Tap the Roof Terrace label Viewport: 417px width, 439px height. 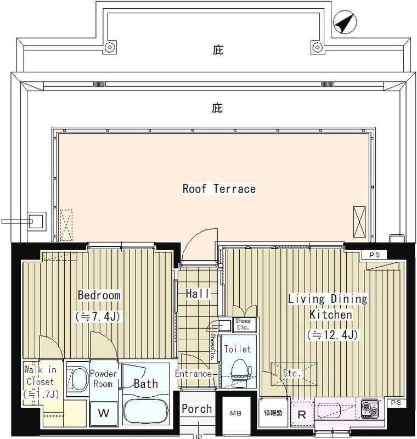click(219, 189)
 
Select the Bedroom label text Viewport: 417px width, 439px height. click(99, 296)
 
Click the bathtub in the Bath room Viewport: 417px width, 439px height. click(146, 410)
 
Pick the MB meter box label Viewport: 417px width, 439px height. click(235, 413)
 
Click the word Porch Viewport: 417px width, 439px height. click(196, 409)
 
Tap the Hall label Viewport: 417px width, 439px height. click(198, 294)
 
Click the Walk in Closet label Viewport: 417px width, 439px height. click(40, 381)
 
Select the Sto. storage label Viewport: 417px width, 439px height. click(292, 374)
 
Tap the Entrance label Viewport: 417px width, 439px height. click(193, 374)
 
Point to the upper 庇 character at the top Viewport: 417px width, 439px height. click(218, 50)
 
